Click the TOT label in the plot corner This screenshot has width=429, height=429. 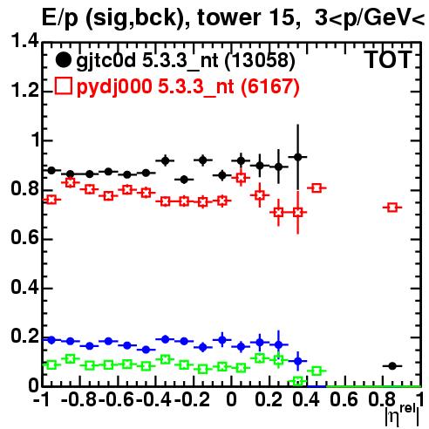tap(388, 60)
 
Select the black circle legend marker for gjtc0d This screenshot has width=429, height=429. tap(63, 60)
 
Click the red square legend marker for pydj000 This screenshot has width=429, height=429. tap(63, 86)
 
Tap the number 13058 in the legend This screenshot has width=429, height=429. tap(261, 60)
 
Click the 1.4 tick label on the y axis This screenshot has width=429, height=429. tap(24, 41)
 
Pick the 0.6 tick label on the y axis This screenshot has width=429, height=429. tap(24, 237)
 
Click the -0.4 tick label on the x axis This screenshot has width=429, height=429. tap(154, 399)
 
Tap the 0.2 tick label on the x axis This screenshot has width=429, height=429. tap(269, 399)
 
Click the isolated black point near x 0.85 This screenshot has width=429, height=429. tap(392, 366)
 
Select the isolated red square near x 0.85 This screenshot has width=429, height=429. tap(392, 208)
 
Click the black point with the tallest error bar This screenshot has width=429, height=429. tap(297, 157)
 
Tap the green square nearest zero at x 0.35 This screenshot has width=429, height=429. tap(297, 381)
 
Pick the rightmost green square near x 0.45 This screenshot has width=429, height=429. tap(317, 371)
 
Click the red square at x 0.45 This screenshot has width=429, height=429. tap(317, 187)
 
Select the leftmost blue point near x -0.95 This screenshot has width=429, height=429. tap(51, 340)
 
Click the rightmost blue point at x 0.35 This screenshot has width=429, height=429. tap(297, 361)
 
